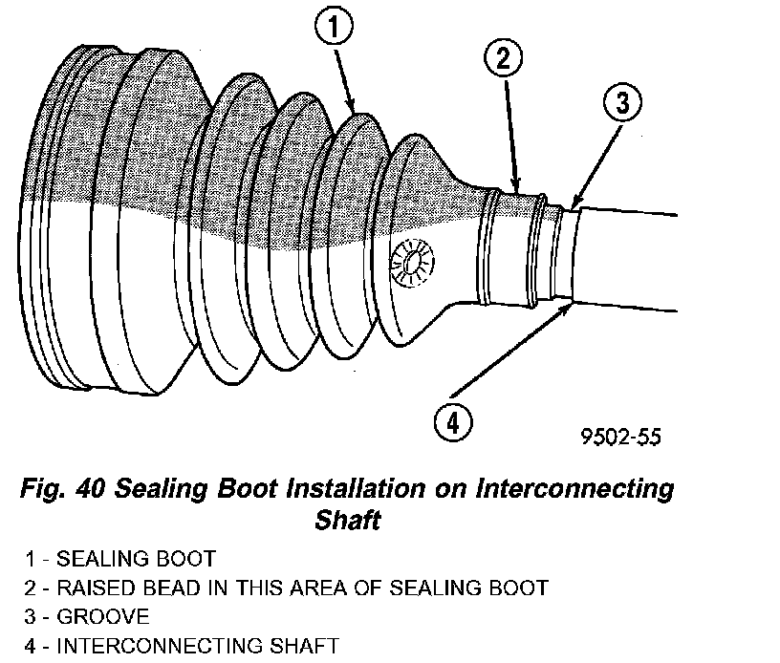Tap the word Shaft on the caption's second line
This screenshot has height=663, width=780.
click(348, 521)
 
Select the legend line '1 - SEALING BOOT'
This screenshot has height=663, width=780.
click(120, 558)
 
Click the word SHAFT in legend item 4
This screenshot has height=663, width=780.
click(305, 647)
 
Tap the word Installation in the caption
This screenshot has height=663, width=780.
click(356, 491)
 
